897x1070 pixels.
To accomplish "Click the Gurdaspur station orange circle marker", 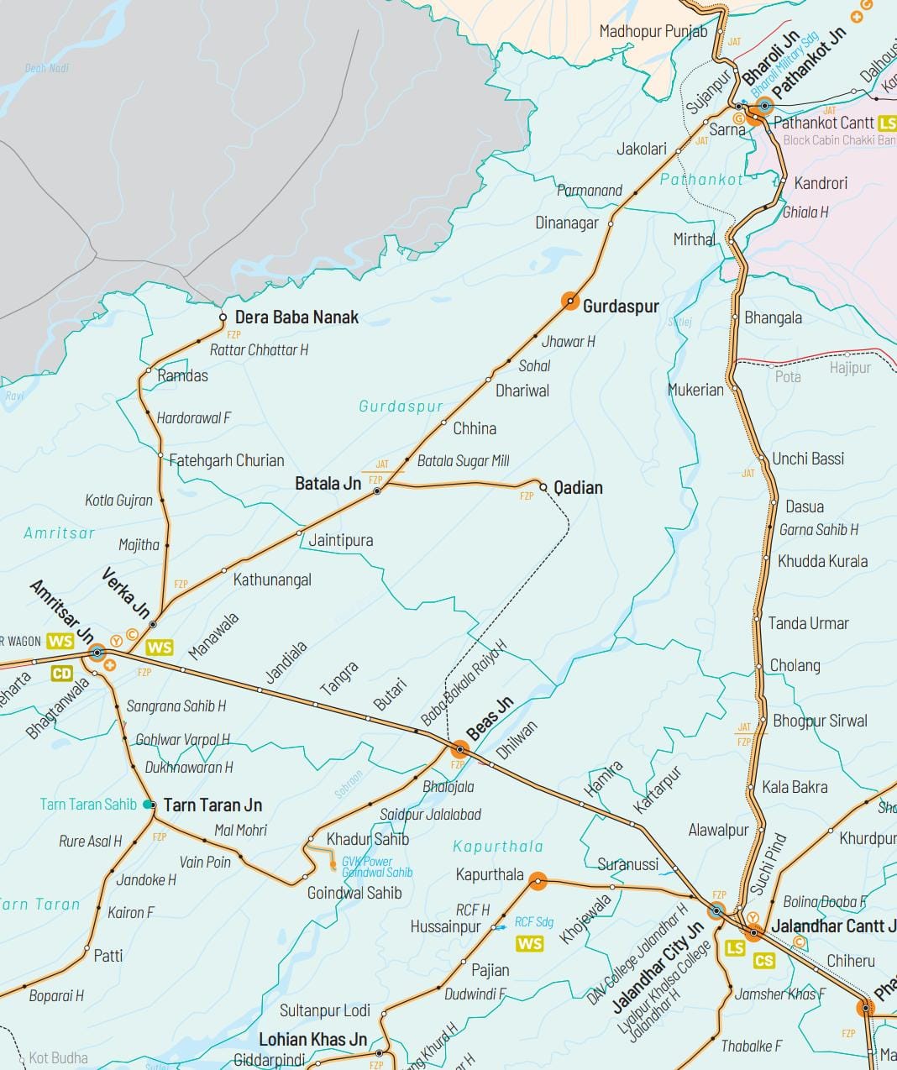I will coord(569,301).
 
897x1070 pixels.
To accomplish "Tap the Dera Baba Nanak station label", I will coord(296,317).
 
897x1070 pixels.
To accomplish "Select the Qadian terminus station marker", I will coord(543,487).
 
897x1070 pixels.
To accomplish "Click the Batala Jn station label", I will coord(328,484).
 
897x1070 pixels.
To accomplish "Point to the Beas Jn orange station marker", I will coord(459,748).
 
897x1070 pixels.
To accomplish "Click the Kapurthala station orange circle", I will coord(538,881).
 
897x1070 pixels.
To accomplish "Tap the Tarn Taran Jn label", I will coord(212,805).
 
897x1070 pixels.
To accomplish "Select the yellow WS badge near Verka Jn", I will coord(159,648).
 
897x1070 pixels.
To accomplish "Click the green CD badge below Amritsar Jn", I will coord(62,674).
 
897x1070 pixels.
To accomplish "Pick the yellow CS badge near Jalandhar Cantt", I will coord(764,961).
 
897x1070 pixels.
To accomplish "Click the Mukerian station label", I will coord(695,390).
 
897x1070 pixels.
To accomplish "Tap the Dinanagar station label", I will coord(567,223).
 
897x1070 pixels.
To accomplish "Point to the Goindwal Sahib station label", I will coord(354,894).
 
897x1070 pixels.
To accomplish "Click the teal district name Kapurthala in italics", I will coord(498,847).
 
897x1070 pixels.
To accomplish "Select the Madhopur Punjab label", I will coord(653,32).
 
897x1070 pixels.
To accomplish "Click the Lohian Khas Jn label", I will coord(312,1040).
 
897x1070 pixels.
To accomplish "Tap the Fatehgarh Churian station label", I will coord(227,460).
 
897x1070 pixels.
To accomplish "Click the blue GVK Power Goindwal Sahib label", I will coord(377,867).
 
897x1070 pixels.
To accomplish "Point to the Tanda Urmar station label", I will coord(808,623).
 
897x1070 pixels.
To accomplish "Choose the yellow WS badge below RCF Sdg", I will coord(530,944).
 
